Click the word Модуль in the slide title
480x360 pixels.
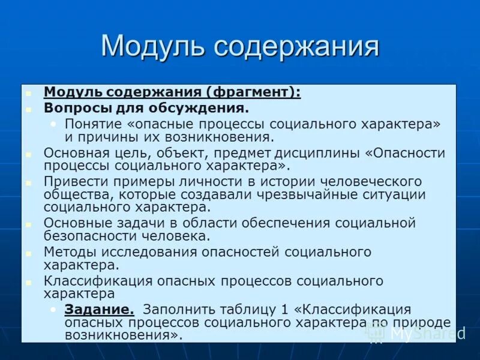click(154, 46)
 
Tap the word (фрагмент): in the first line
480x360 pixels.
click(254, 92)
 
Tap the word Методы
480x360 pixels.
click(65, 251)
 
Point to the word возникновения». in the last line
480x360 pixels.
click(124, 335)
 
